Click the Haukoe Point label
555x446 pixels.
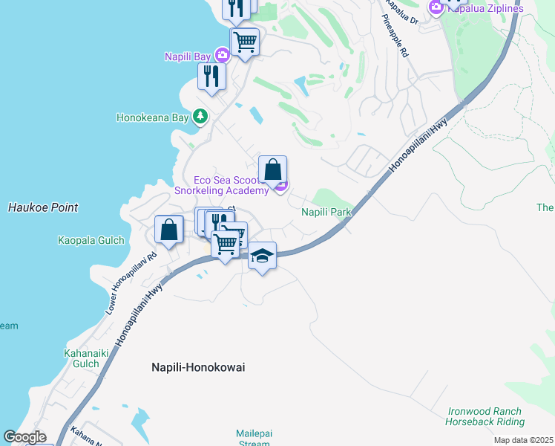click(43, 207)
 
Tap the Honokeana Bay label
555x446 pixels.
click(153, 117)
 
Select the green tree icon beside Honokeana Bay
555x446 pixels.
click(200, 117)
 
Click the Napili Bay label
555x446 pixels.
click(188, 56)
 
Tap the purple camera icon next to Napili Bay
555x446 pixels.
click(222, 55)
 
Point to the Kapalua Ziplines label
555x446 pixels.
click(485, 8)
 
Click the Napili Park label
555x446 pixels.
click(326, 213)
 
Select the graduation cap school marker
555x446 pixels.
click(261, 256)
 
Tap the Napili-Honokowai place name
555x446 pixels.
click(198, 367)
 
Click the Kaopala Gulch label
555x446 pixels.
click(88, 240)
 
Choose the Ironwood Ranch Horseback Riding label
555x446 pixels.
click(485, 416)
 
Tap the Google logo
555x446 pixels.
click(24, 437)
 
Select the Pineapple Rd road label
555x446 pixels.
click(395, 38)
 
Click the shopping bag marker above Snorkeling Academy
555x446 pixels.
click(272, 169)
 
